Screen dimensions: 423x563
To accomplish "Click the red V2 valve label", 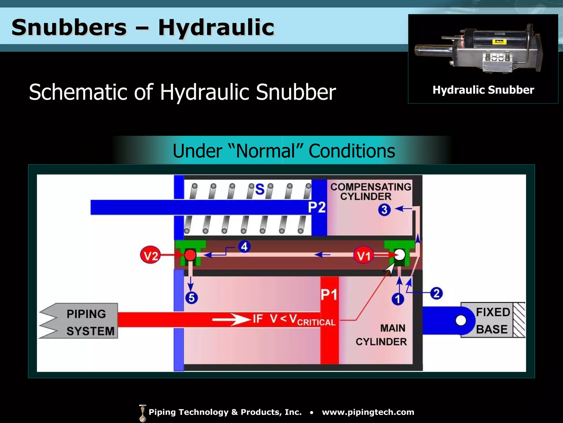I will [x=151, y=255].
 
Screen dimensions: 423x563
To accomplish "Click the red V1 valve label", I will [x=363, y=255].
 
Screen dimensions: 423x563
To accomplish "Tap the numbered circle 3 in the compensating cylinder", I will [x=384, y=210].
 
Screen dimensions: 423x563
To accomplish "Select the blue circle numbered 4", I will [x=244, y=247].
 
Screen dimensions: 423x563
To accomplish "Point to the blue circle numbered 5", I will [x=192, y=298].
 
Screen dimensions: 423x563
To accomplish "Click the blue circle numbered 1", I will [x=398, y=299].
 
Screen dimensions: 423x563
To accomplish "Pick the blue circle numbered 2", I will [x=436, y=293].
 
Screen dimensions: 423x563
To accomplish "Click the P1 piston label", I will [x=329, y=295].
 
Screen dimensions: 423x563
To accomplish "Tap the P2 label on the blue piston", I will [x=317, y=207].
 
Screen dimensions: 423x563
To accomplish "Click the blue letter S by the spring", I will [x=260, y=189].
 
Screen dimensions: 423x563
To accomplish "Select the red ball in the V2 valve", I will [x=190, y=255].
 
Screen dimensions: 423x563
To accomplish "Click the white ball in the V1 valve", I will [x=399, y=255].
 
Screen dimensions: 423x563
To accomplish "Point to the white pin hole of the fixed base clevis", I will [x=461, y=320].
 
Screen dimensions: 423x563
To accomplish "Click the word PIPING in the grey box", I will [x=86, y=314].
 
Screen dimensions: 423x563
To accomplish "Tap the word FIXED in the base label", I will [x=493, y=312].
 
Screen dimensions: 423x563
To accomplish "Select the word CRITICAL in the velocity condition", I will [x=316, y=322].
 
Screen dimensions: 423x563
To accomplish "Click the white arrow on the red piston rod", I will [x=231, y=320].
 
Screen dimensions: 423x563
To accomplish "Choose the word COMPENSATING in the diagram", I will [x=371, y=187].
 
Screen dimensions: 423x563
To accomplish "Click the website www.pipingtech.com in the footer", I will [x=368, y=412].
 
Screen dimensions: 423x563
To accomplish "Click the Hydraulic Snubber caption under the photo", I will [x=483, y=90].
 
